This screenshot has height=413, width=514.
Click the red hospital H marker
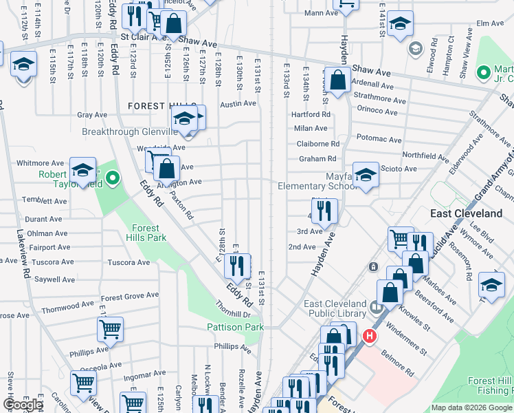coord(370,337)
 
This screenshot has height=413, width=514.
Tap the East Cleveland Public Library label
coord(335,309)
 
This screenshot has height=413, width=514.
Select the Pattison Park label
coord(236,328)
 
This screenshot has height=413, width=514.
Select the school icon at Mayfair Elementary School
coord(366,174)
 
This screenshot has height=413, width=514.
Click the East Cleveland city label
coord(466,213)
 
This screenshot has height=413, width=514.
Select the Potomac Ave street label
coord(379,139)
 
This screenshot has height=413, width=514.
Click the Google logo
coord(23,405)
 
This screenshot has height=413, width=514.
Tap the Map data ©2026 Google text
coord(471,407)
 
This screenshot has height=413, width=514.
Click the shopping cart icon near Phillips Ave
coord(110,329)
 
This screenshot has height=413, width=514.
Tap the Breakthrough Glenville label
coord(131,131)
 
